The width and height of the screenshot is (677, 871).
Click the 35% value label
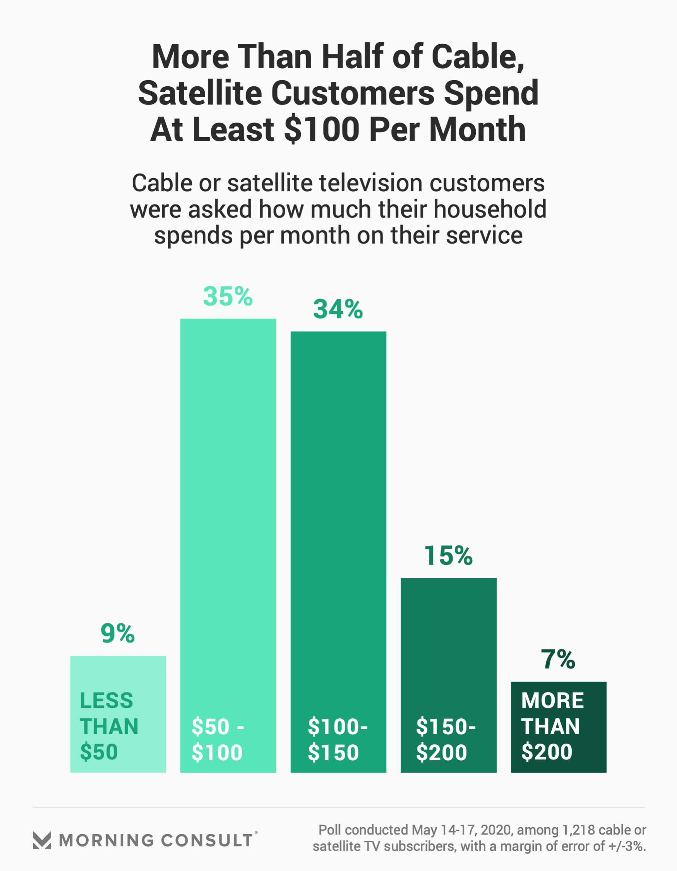[x=228, y=297]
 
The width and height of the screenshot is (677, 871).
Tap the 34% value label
[x=338, y=309]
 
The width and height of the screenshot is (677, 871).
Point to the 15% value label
[x=448, y=555]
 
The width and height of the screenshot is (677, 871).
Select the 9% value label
[x=118, y=633]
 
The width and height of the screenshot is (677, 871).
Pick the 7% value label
[x=558, y=659]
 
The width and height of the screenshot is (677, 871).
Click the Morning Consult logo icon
[x=42, y=840]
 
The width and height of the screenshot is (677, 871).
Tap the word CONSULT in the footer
[x=207, y=840]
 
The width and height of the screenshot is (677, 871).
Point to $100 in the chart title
[x=322, y=130]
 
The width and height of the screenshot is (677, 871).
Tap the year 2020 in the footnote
[x=496, y=830]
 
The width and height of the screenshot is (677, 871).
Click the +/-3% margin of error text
[x=627, y=846]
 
